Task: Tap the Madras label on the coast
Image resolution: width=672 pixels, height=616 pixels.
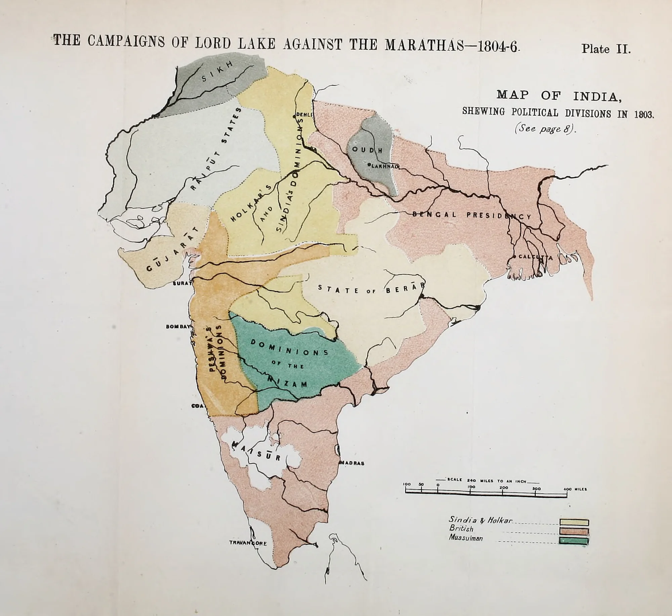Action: click(352, 463)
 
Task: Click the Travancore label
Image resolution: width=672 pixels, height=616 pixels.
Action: click(248, 543)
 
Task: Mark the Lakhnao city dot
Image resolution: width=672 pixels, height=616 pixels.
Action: click(369, 165)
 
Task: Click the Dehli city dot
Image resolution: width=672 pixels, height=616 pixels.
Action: click(294, 116)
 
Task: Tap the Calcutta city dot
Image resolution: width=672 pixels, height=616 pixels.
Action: click(514, 257)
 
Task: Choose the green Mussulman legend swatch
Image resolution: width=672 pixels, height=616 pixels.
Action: click(574, 540)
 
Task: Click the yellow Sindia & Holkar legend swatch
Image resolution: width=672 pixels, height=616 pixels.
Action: click(574, 522)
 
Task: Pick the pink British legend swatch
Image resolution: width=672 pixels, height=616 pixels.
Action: click(574, 531)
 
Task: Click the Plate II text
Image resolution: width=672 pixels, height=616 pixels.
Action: click(606, 49)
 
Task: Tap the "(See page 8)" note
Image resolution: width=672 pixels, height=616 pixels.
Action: click(545, 129)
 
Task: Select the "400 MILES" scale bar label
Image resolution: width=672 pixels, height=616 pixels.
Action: click(575, 489)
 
